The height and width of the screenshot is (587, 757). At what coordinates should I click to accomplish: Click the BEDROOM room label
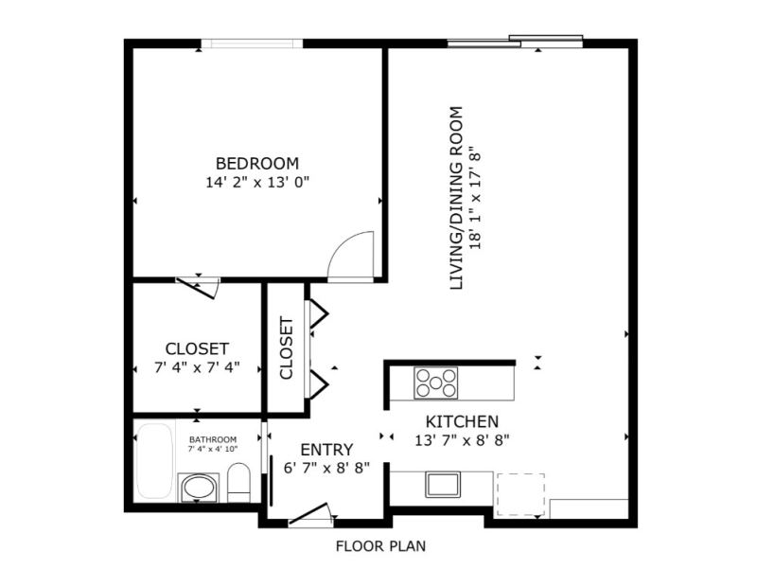pos(256,163)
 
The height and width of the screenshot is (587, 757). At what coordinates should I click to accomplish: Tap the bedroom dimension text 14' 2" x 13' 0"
pos(256,183)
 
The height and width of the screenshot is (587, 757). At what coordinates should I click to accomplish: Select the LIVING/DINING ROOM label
pos(456,198)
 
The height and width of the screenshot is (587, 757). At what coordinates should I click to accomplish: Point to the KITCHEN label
pos(462,421)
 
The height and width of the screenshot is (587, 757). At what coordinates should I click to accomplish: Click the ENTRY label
pos(326,450)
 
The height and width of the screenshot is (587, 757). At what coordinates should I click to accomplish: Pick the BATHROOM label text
pos(213,439)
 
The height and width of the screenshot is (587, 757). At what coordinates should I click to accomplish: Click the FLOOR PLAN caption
pos(381,546)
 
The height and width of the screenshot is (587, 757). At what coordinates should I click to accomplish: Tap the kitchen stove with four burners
pos(436,383)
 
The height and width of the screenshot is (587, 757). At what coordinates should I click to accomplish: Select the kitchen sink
pos(443,485)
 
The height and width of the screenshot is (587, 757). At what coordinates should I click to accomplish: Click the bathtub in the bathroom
pos(154,461)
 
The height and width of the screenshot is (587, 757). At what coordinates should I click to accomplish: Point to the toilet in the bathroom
pos(238,483)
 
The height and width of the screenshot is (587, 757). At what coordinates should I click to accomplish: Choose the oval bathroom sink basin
pos(199,488)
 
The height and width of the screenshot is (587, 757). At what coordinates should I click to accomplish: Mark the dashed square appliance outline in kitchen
pos(521,495)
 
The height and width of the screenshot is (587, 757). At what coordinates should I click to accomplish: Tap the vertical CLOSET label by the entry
pos(287,347)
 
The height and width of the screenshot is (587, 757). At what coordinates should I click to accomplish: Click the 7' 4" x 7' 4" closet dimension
pos(197,367)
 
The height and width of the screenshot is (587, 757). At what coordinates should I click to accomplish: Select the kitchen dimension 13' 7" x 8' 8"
pos(463,440)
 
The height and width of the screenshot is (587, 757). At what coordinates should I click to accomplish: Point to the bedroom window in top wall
pos(252,44)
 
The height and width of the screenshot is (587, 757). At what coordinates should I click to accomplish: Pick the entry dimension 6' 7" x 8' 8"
pos(326,468)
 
